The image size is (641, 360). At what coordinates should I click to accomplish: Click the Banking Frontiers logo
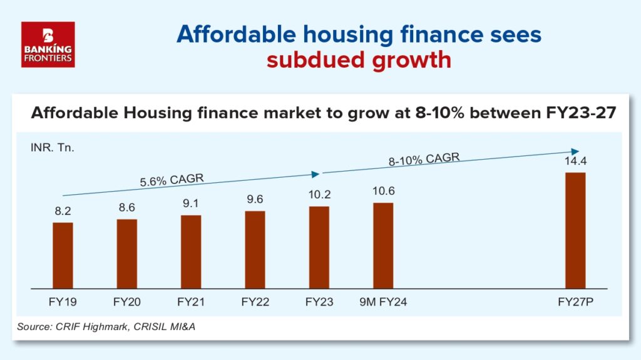(x=48, y=44)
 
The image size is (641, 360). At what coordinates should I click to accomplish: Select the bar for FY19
(x=63, y=255)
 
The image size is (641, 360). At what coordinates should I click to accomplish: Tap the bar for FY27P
(x=576, y=231)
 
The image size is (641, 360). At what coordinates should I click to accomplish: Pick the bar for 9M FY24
(x=384, y=246)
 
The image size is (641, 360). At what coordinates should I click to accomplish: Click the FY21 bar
(x=191, y=252)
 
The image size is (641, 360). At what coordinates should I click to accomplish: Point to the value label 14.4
(x=576, y=161)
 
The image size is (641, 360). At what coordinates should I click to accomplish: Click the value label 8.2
(x=63, y=211)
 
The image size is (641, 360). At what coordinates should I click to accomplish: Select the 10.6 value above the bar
(x=384, y=191)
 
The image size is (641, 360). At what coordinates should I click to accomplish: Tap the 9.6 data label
(x=255, y=199)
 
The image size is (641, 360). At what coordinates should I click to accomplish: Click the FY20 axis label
(x=126, y=302)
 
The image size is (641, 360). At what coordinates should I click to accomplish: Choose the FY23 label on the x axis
(x=319, y=302)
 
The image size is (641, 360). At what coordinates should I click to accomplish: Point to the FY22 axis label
(x=255, y=302)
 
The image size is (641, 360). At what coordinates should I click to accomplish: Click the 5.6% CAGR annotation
(x=172, y=180)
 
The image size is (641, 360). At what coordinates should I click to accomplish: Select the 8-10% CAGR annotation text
(x=424, y=159)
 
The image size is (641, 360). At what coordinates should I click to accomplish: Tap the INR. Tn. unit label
(x=53, y=148)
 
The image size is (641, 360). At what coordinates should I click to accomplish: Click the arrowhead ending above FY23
(x=315, y=174)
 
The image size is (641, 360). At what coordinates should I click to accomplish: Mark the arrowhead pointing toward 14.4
(x=575, y=152)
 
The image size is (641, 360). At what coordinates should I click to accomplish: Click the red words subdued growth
(x=359, y=60)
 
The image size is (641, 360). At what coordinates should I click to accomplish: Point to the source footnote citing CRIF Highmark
(x=106, y=327)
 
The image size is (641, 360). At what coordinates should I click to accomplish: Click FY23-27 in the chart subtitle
(x=581, y=113)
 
